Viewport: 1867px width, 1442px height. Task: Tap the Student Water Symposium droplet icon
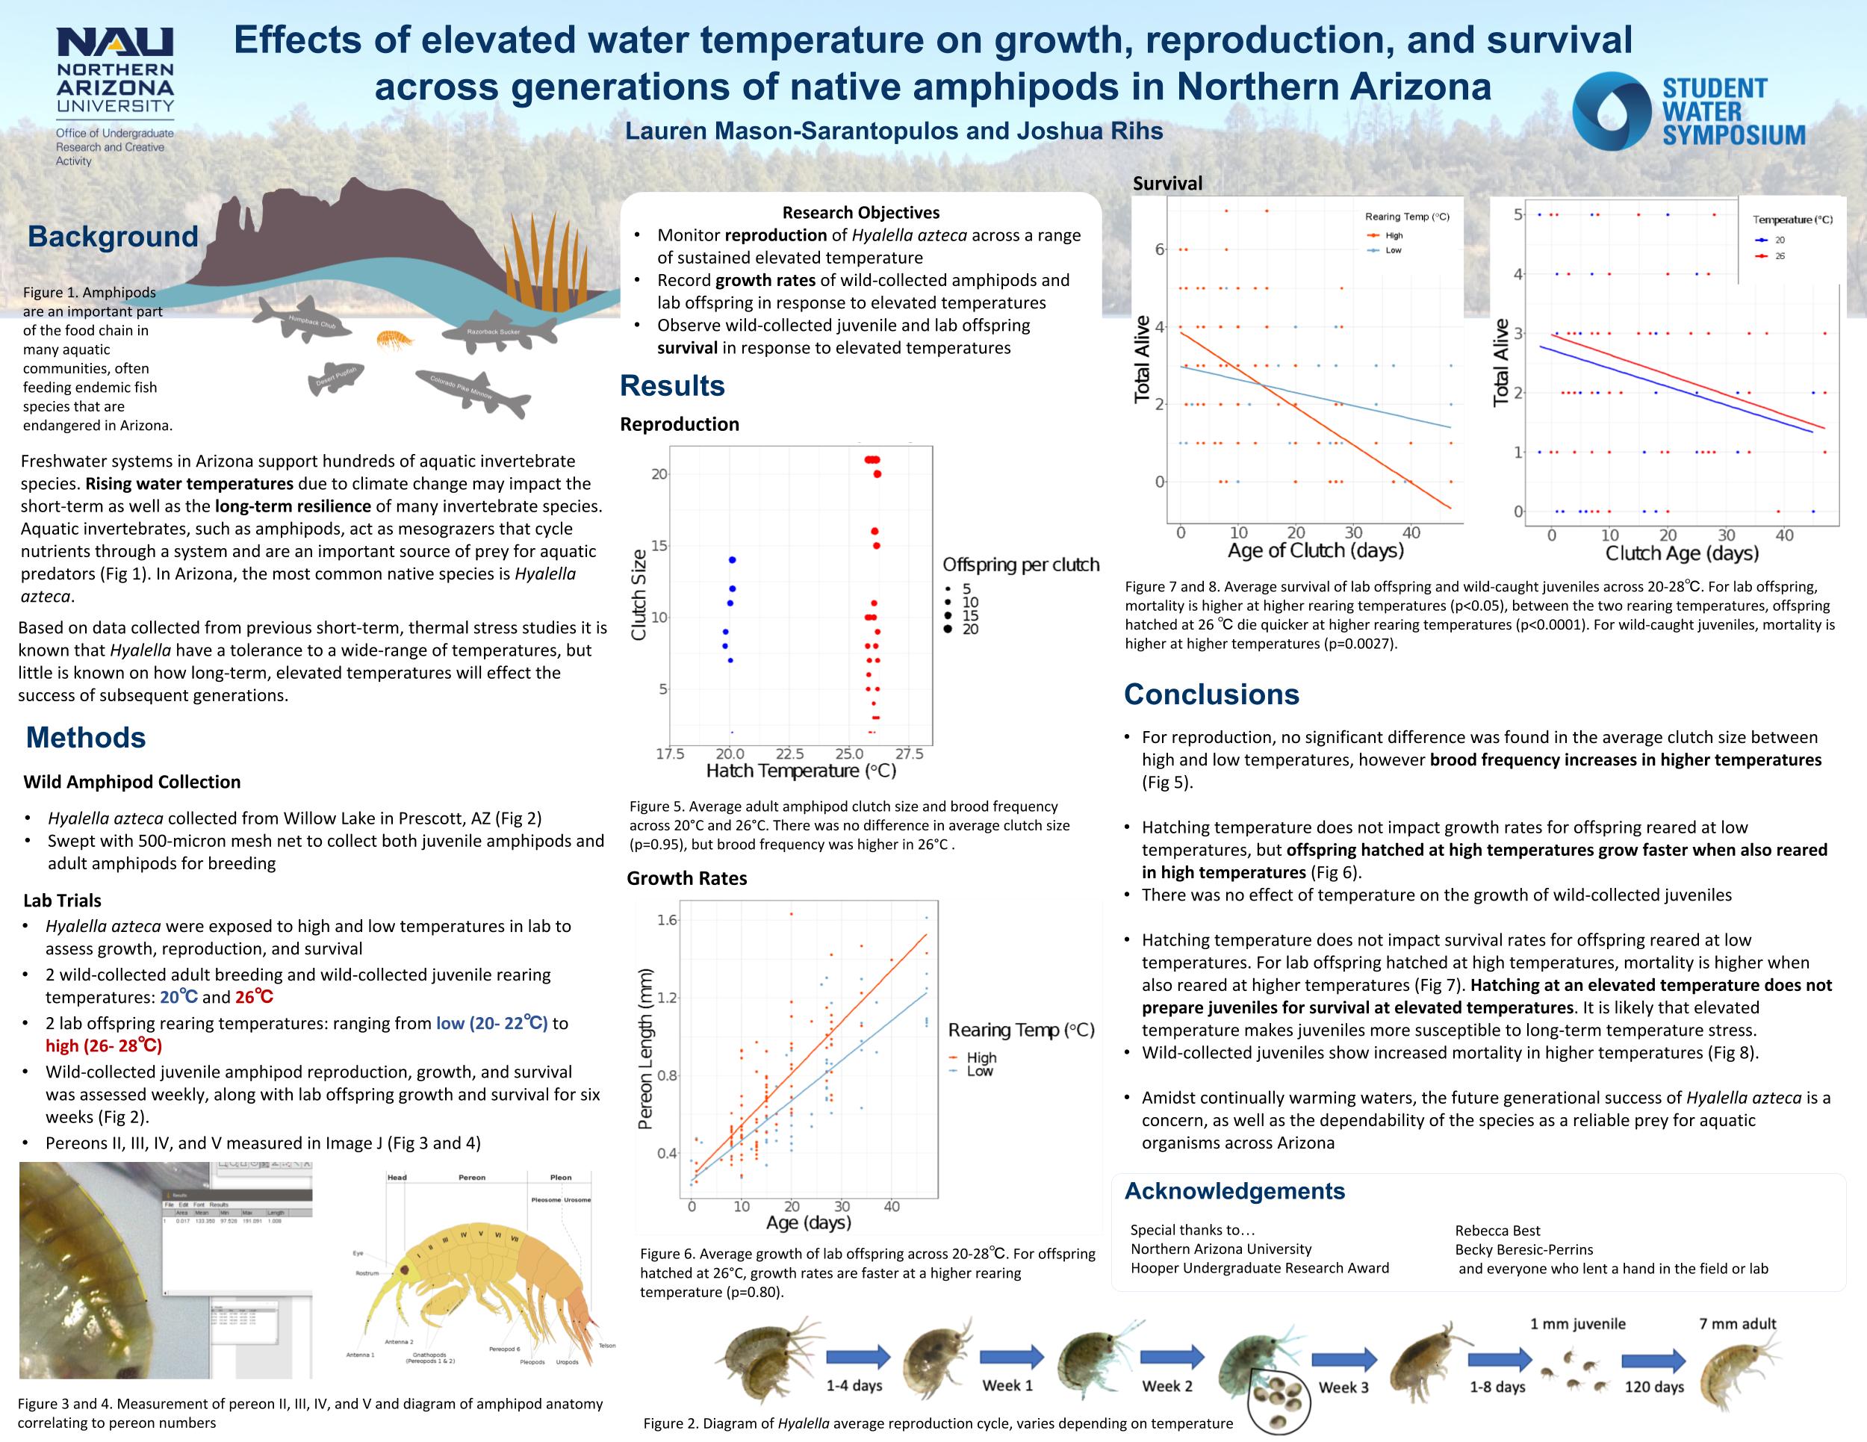click(1611, 111)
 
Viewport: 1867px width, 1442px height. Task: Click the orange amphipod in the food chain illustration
click(394, 341)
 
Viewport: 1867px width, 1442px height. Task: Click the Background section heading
click(113, 236)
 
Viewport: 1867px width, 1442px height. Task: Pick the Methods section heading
click(85, 737)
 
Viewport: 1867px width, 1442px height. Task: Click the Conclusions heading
click(1211, 694)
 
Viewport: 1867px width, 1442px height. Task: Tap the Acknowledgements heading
click(1234, 1190)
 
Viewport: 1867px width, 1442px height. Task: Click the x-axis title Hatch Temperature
click(801, 771)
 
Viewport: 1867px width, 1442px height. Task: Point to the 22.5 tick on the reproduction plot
click(789, 754)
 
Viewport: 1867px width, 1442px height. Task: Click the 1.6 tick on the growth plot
click(667, 920)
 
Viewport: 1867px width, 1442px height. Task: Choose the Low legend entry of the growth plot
click(980, 1071)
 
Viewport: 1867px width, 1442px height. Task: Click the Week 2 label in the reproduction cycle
click(1167, 1385)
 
